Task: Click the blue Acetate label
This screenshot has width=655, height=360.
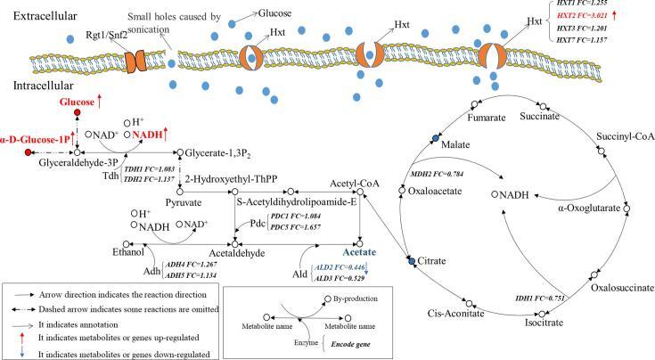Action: click(x=359, y=252)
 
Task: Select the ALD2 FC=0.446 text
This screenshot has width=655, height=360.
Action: click(x=342, y=267)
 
